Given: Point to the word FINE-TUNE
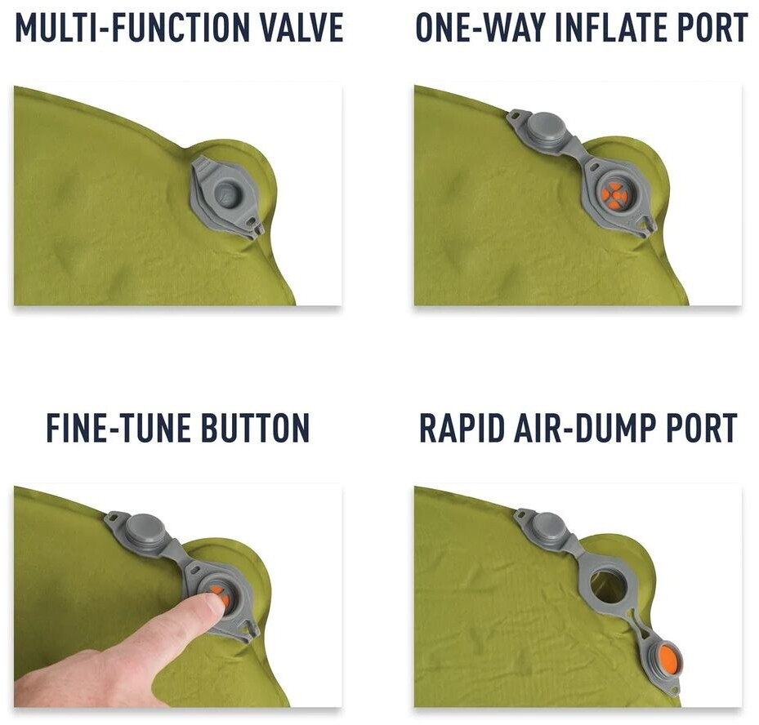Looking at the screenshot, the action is pos(118,428).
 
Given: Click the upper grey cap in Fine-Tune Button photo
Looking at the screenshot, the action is pos(143,528).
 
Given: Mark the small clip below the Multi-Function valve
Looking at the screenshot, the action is pos(255,226).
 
